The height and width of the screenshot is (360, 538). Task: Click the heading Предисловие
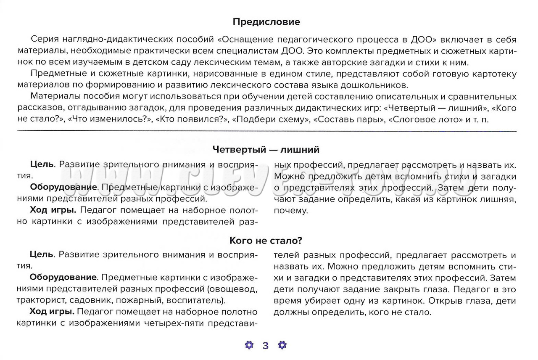coord(266,21)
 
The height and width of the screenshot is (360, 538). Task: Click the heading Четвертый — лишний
coord(266,149)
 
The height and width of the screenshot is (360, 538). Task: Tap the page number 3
coord(266,346)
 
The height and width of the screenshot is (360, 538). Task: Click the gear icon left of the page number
coord(250,345)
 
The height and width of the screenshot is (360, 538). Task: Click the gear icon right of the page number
coord(282,345)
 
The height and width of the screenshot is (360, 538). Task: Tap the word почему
coord(290,210)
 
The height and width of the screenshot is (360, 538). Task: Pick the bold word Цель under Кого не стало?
coord(42,255)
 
